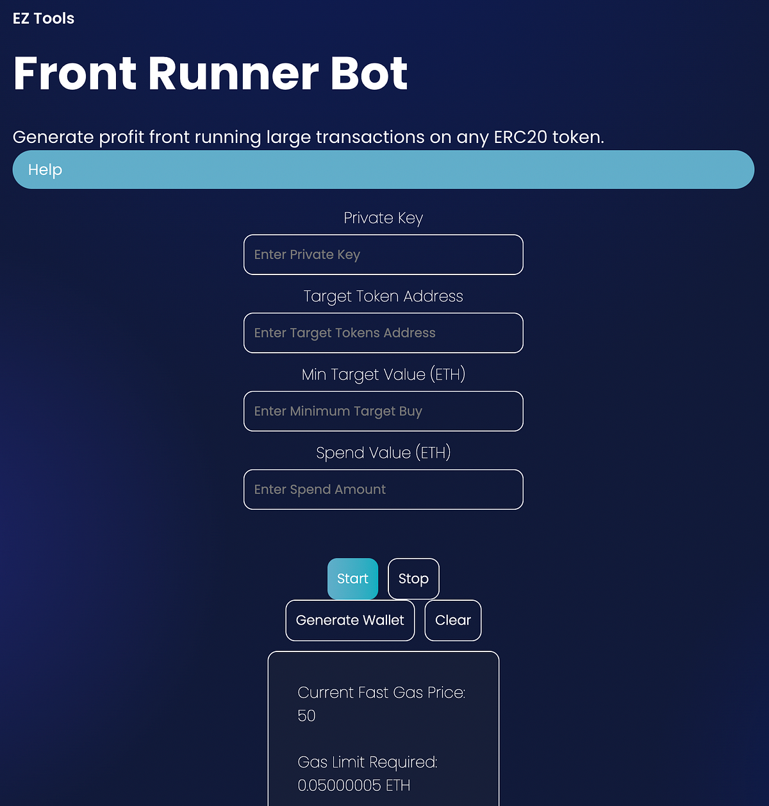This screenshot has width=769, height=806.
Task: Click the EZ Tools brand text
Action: (44, 19)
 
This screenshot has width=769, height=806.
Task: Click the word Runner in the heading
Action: (234, 73)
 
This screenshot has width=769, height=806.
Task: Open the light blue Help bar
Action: (383, 170)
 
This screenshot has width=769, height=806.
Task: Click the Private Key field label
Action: (383, 218)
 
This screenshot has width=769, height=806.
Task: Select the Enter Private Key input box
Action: (383, 255)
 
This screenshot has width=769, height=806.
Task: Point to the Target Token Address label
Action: (383, 296)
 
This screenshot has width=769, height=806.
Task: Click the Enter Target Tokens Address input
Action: (383, 333)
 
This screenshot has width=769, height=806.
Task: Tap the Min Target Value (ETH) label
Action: (383, 374)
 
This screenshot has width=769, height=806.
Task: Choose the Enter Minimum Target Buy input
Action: (383, 411)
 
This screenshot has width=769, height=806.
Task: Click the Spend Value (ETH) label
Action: (383, 453)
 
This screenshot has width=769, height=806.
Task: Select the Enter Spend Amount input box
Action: (383, 489)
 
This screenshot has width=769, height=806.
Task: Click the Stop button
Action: (413, 579)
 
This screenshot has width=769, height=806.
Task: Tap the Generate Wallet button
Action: (350, 620)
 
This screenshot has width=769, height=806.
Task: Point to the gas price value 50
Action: (306, 716)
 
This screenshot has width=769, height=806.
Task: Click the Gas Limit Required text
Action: (367, 762)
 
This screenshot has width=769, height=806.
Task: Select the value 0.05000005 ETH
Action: (354, 785)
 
